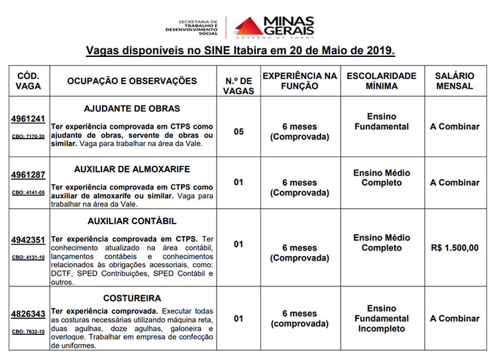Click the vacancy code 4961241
28,119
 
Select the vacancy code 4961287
28,176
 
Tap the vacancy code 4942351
28,240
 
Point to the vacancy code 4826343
28,314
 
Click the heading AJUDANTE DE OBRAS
132,108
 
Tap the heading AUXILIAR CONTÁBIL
132,221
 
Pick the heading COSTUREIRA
132,298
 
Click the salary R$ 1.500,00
454,248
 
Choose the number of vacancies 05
239,131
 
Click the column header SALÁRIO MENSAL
454,81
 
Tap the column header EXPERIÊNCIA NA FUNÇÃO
300,81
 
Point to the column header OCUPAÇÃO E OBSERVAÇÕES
132,81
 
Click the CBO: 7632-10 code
28,331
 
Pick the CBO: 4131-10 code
28,257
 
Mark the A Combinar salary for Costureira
454,318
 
